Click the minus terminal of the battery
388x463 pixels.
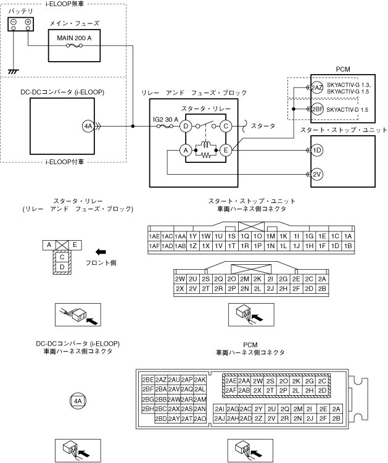click(14, 23)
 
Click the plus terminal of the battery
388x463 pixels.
click(28, 23)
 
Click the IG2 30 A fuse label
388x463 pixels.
click(166, 119)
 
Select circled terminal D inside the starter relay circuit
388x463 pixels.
click(184, 127)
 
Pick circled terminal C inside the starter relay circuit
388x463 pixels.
click(226, 127)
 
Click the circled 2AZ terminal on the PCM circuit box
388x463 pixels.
click(317, 88)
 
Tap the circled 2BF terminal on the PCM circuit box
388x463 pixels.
click(317, 109)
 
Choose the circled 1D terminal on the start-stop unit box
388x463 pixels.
click(317, 151)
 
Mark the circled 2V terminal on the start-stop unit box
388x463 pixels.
click(317, 175)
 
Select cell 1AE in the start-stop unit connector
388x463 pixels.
click(154, 236)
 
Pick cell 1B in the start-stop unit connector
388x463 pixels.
click(349, 246)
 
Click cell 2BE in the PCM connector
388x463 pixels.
click(148, 379)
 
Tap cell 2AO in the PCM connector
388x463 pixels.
click(200, 419)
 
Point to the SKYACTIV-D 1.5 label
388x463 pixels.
click(349, 109)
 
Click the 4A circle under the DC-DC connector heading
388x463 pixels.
click(78, 401)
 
